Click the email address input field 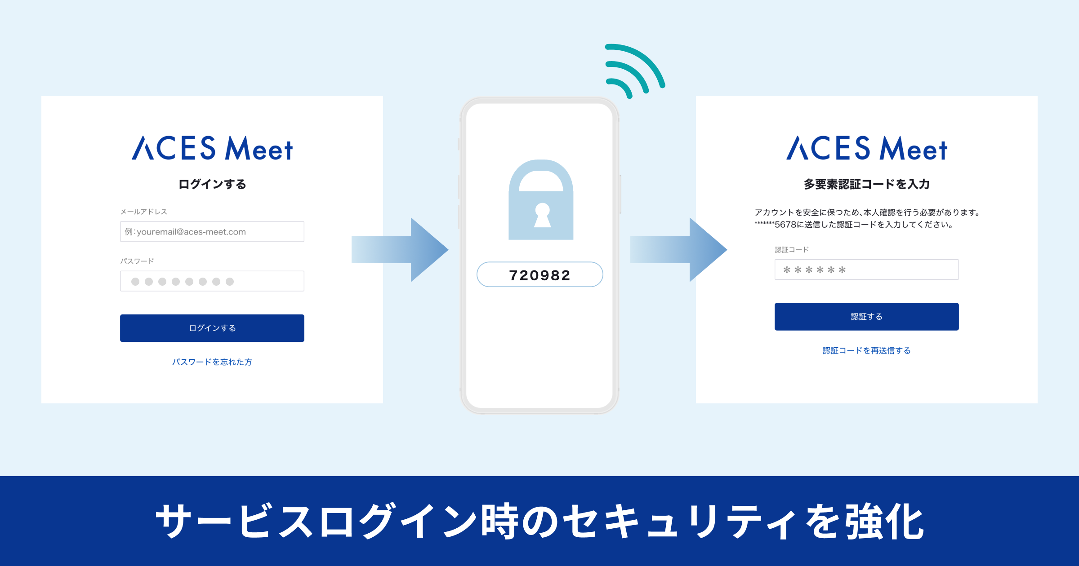click(212, 232)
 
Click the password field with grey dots click(212, 281)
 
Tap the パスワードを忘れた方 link click(212, 362)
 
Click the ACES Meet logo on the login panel click(212, 148)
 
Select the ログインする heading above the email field click(212, 184)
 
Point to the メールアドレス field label click(143, 212)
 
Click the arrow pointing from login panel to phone click(400, 250)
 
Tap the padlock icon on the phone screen click(541, 200)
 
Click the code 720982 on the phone click(539, 275)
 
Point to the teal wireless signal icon click(634, 70)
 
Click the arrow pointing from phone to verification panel click(679, 250)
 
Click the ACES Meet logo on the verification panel click(866, 148)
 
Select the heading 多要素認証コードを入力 click(866, 184)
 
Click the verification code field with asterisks click(866, 270)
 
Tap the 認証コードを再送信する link click(866, 350)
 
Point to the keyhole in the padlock click(542, 215)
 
